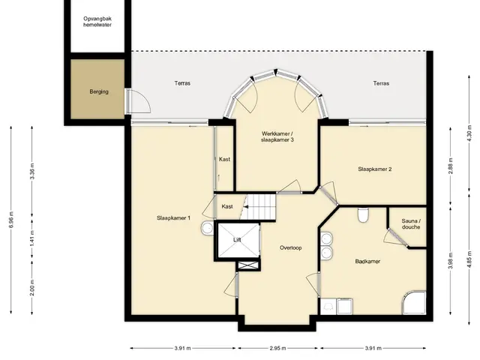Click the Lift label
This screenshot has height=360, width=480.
click(237, 240)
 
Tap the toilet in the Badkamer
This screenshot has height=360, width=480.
click(363, 215)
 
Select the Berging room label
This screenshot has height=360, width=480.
click(99, 91)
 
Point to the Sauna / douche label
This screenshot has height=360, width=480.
click(411, 223)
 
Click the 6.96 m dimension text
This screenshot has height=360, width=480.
click(11, 220)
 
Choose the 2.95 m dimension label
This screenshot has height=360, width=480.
click(278, 348)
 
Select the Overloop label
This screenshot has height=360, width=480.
click(290, 247)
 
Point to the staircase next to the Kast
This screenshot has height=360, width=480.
click(259, 206)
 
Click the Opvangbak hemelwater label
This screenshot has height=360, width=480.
click(97, 22)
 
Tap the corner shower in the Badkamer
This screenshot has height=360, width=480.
click(414, 302)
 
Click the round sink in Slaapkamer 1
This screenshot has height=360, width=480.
click(207, 228)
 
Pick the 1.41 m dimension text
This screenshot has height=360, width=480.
click(32, 238)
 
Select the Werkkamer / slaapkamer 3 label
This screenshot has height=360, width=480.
click(277, 136)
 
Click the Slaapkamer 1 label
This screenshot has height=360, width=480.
click(173, 218)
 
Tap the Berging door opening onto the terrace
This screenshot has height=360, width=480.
click(138, 101)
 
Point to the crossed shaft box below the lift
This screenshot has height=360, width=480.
click(248, 265)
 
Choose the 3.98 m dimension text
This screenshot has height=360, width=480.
click(450, 260)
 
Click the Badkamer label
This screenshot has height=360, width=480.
click(367, 262)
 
